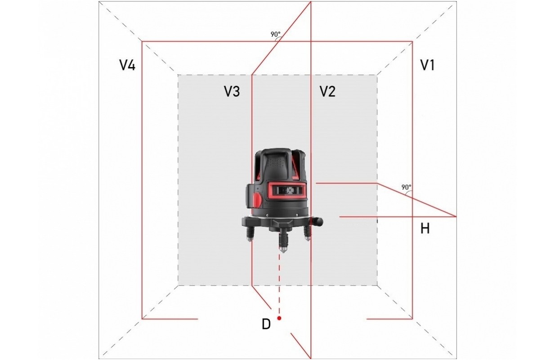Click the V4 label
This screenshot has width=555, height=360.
pos(127,65)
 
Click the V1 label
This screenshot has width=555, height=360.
pos(427,65)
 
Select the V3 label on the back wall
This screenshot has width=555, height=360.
pos(232,91)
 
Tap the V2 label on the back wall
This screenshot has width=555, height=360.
pos(327,91)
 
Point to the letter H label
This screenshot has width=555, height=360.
pos(425,228)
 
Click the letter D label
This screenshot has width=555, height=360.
pos(266,324)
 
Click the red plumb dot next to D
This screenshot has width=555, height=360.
pos(279,318)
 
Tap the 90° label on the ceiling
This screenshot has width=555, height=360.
pos(276,35)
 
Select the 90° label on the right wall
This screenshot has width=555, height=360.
pos(406,187)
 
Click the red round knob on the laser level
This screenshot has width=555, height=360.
pos(257,200)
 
